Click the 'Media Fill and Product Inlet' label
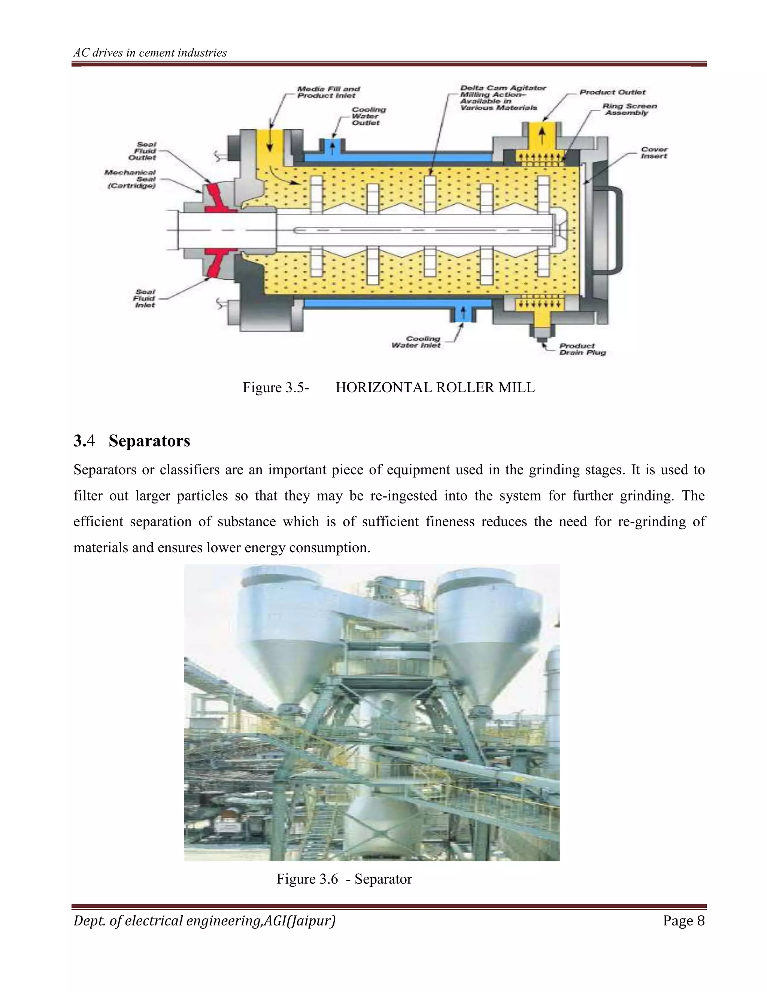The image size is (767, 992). [328, 92]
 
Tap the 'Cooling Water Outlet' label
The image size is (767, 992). [369, 116]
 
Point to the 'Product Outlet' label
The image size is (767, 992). [612, 92]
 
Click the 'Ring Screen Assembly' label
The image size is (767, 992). [629, 109]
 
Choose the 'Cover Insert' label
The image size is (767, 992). [654, 153]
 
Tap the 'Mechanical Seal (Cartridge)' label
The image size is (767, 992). [130, 179]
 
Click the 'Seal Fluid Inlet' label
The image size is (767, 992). [145, 298]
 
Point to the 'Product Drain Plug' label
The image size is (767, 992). [582, 349]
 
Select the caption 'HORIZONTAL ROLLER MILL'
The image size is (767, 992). [435, 387]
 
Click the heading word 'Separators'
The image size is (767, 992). [149, 441]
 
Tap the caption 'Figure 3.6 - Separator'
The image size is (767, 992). [344, 879]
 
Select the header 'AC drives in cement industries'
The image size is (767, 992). [150, 53]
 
